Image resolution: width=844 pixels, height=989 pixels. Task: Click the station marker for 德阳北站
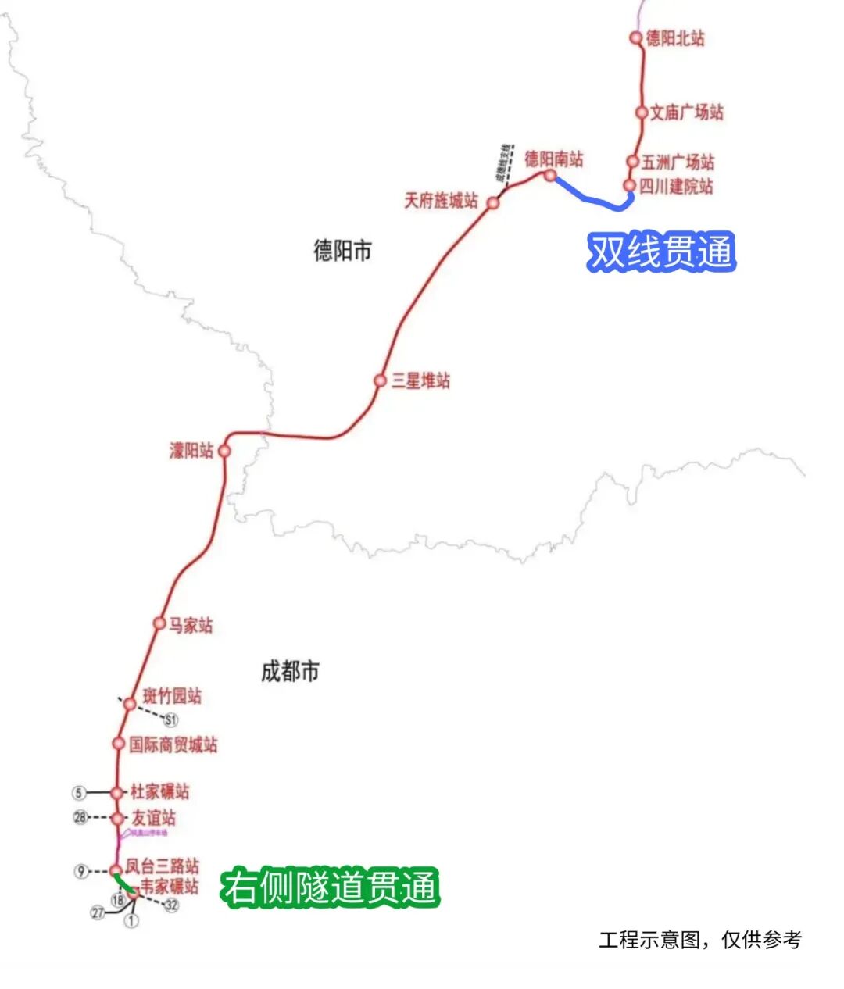pos(636,37)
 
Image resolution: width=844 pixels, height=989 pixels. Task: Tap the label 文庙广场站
pos(687,112)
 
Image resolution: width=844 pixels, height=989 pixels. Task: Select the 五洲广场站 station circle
pos(633,162)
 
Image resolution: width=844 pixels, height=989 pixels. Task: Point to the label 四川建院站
pos(676,187)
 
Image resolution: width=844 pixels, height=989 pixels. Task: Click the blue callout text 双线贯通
pos(661,252)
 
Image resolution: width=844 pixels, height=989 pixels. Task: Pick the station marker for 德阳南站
pos(550,176)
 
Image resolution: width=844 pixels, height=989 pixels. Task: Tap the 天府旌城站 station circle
pos(493,203)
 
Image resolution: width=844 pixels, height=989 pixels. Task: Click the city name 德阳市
pos(342,251)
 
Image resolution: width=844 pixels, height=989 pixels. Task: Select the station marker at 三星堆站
pos(380,380)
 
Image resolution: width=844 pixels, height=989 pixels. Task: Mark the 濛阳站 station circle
pos(224,451)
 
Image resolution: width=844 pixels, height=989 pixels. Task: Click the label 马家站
pos(191,626)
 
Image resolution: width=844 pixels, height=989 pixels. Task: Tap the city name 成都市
pos(290,671)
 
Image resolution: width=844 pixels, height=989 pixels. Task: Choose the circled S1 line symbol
pos(171,719)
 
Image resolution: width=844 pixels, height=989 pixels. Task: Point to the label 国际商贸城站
pos(173,744)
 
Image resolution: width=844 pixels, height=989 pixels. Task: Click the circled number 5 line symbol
pos(78,793)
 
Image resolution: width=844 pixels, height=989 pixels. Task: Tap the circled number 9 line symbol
pos(81,871)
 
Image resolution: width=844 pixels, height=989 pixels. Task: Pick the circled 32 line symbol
pos(171,905)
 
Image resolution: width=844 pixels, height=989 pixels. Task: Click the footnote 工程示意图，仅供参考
pos(699,940)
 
